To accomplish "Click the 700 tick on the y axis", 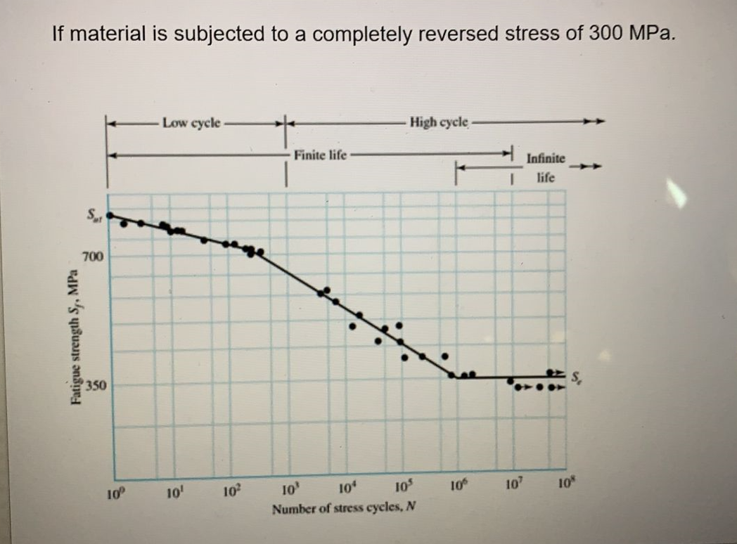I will coord(94,258).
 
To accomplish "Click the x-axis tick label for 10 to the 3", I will coord(289,489).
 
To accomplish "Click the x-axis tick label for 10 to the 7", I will coord(513,486).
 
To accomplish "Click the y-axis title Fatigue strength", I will coord(72,339).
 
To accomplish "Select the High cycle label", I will coord(439,122).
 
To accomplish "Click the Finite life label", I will coord(321,154).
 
